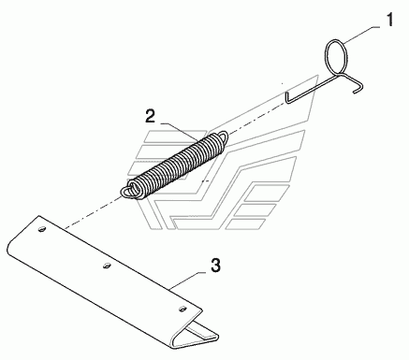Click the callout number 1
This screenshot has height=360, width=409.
(389, 20)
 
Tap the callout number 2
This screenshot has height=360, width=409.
(150, 116)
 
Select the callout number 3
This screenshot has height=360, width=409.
(215, 265)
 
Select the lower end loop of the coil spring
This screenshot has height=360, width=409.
(127, 192)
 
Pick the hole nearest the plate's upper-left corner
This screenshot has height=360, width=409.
(42, 229)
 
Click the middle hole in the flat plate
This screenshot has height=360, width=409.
(107, 266)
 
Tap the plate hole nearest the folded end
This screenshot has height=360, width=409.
(182, 309)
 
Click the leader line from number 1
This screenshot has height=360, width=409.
(361, 35)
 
